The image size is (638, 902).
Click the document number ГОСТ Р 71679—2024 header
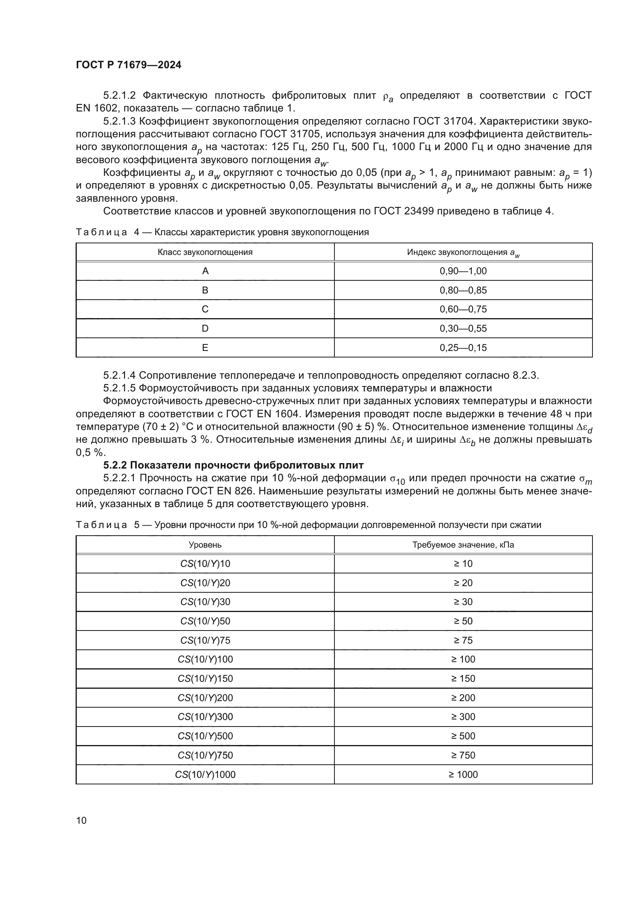128,65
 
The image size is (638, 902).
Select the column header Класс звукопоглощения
205,252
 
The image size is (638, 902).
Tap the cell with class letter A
205,271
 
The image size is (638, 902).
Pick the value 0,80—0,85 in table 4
463,290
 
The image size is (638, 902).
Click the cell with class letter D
205,329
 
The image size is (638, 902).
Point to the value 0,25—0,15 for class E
463,348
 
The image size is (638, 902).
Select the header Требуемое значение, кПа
463,545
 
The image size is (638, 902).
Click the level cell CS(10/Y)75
205,641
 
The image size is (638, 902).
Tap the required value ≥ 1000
463,774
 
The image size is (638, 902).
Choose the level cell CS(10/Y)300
205,717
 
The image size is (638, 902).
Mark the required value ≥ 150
463,678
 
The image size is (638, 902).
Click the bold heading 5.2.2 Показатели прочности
233,465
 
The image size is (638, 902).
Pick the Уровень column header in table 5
205,545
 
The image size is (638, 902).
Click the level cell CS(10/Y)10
205,564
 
